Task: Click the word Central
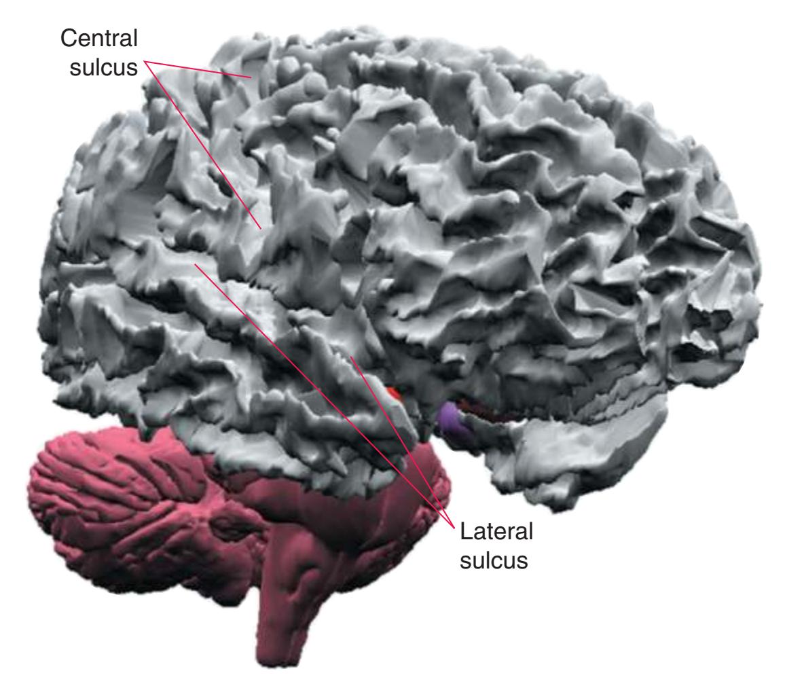tap(98, 39)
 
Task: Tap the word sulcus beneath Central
tap(103, 67)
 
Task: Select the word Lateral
tap(496, 531)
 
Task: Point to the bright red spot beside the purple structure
tap(396, 393)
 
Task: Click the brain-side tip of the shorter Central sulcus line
tap(251, 77)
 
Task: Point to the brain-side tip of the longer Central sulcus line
tap(261, 229)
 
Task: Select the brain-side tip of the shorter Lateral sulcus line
tap(351, 357)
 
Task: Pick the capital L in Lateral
tap(466, 531)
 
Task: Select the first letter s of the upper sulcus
tap(75, 69)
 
